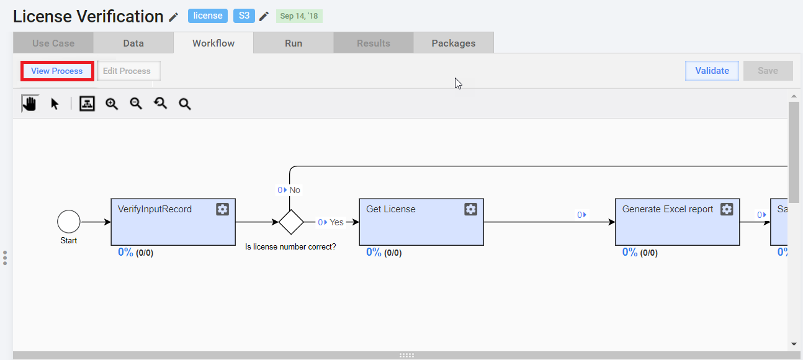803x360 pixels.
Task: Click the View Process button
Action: tap(57, 71)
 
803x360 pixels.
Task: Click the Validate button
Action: tap(712, 71)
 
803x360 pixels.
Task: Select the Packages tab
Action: tap(454, 43)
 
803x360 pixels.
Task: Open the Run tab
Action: tap(294, 43)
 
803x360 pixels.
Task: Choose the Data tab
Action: tap(133, 43)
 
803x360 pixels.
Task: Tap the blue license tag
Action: tap(208, 16)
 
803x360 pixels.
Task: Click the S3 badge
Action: tap(244, 16)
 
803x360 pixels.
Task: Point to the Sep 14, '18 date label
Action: tap(299, 16)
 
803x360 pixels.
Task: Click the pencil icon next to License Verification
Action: tap(174, 17)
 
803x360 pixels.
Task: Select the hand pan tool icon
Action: tap(30, 104)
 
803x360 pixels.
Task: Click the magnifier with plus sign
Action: tap(112, 104)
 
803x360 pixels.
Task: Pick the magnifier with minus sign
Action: tap(137, 104)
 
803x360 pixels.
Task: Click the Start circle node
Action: tap(69, 222)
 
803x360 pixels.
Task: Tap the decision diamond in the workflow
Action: tap(291, 222)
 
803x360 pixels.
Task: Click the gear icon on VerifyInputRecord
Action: tap(222, 209)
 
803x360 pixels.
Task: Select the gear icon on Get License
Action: tap(470, 209)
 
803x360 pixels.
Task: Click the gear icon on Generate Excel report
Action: tap(727, 209)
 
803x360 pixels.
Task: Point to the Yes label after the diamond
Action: tap(336, 222)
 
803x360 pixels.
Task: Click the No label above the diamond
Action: tap(295, 190)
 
